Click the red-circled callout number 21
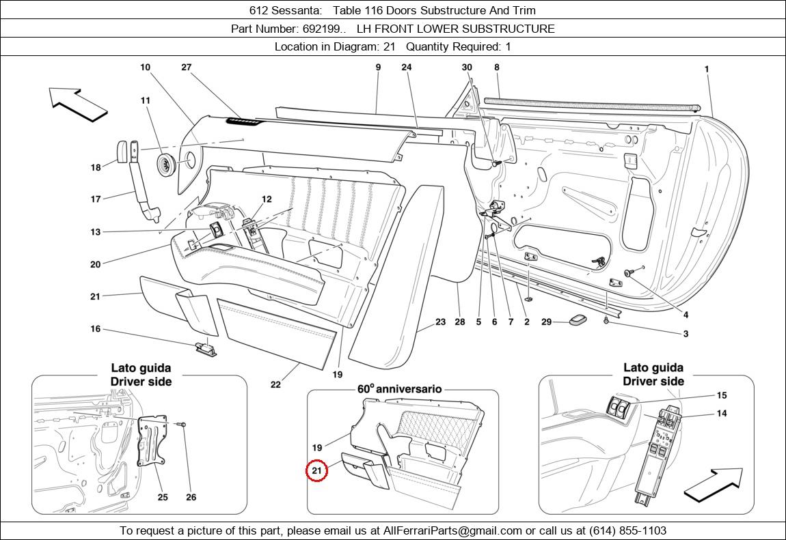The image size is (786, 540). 316,470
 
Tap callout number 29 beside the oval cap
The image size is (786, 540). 546,322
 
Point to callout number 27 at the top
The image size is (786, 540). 186,67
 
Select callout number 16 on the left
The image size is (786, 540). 95,329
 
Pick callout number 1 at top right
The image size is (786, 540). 706,69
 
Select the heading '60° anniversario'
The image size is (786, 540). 399,388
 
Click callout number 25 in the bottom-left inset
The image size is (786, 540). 163,497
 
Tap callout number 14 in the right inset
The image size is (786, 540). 722,413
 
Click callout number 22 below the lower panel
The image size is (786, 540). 275,384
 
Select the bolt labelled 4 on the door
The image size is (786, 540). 628,273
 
